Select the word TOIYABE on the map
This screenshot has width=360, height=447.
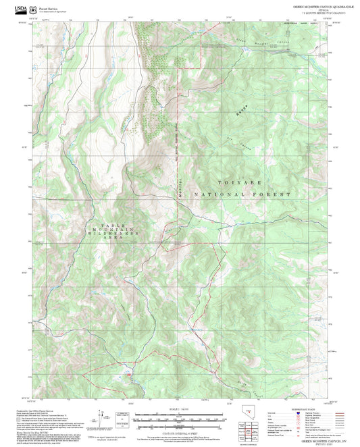(x=239, y=183)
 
